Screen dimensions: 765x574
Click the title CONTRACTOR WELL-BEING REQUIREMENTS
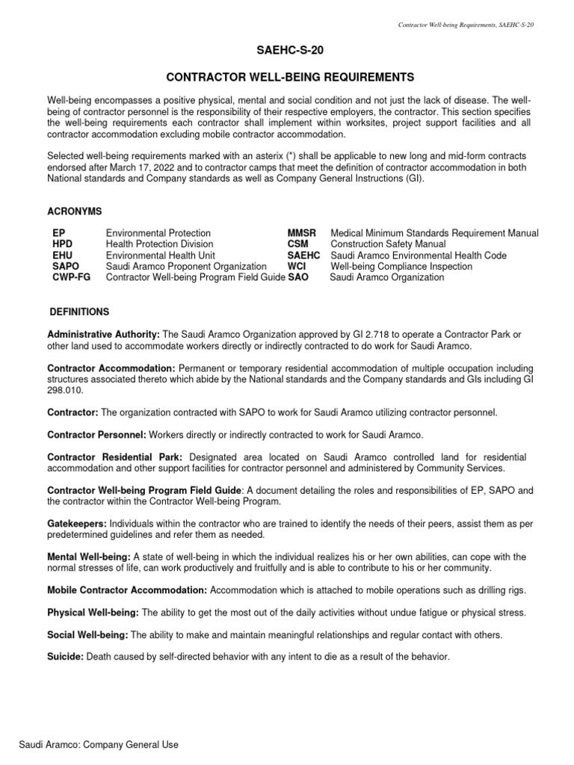click(x=287, y=78)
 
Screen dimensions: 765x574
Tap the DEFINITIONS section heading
click(x=79, y=311)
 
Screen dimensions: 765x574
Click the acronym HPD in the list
click(x=63, y=244)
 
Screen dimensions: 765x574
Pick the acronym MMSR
click(x=303, y=233)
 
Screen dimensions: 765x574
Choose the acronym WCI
click(x=298, y=266)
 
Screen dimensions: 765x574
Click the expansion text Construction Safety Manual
click(x=389, y=244)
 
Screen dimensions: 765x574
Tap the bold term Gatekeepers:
click(x=77, y=523)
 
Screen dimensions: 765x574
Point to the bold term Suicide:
click(x=66, y=657)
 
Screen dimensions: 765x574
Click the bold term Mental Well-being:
click(x=89, y=557)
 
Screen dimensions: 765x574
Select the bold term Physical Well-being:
click(x=93, y=613)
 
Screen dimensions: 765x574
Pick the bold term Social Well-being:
click(x=88, y=635)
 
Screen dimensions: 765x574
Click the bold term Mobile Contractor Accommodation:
click(x=127, y=590)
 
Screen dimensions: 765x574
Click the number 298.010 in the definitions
click(x=65, y=390)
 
